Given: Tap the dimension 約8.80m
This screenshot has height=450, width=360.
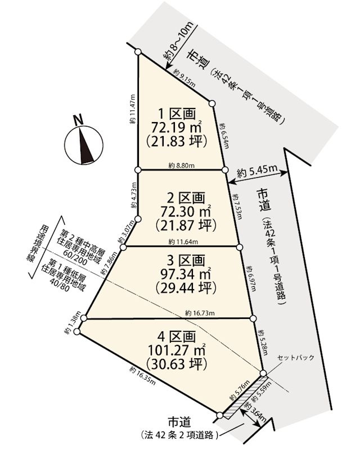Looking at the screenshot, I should coord(181,166).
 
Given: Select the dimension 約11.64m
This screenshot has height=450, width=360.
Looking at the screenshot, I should coord(181,242).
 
